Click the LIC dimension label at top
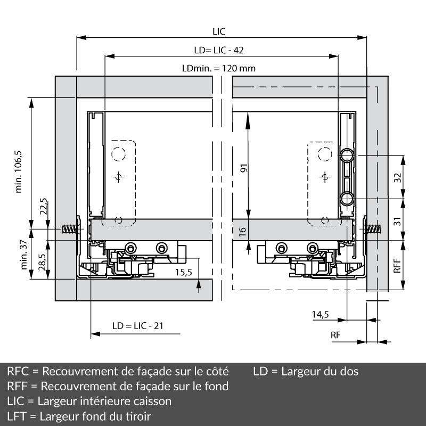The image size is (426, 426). point(218,31)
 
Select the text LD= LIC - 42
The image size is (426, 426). point(218,50)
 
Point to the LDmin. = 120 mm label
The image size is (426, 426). point(218,69)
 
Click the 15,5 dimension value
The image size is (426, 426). point(183,272)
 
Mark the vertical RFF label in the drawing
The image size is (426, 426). point(397,265)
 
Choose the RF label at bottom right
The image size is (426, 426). point(335,335)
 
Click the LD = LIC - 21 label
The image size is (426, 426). point(137,325)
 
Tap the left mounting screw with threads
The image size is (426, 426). point(70,230)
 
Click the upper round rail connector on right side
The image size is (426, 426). point(347,155)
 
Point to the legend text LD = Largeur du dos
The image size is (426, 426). point(306,371)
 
